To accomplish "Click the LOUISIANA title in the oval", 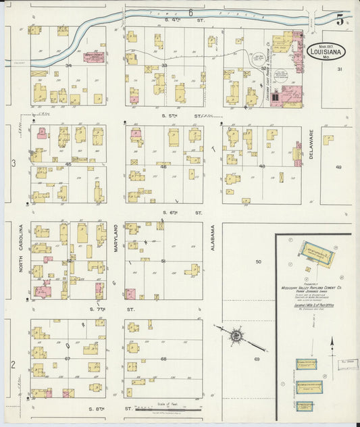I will coord(329,49).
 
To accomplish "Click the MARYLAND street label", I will coord(115,238).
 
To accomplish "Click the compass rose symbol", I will coord(236,335).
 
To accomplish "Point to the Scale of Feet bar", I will coord(162,409).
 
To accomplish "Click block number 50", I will coord(257,261).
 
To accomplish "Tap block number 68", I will coord(163,359).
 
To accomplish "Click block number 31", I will coord(340,70).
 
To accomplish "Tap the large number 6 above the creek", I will coord(191,13).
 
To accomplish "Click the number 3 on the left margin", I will coord(13,164).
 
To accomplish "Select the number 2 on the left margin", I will coord(13,364).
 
